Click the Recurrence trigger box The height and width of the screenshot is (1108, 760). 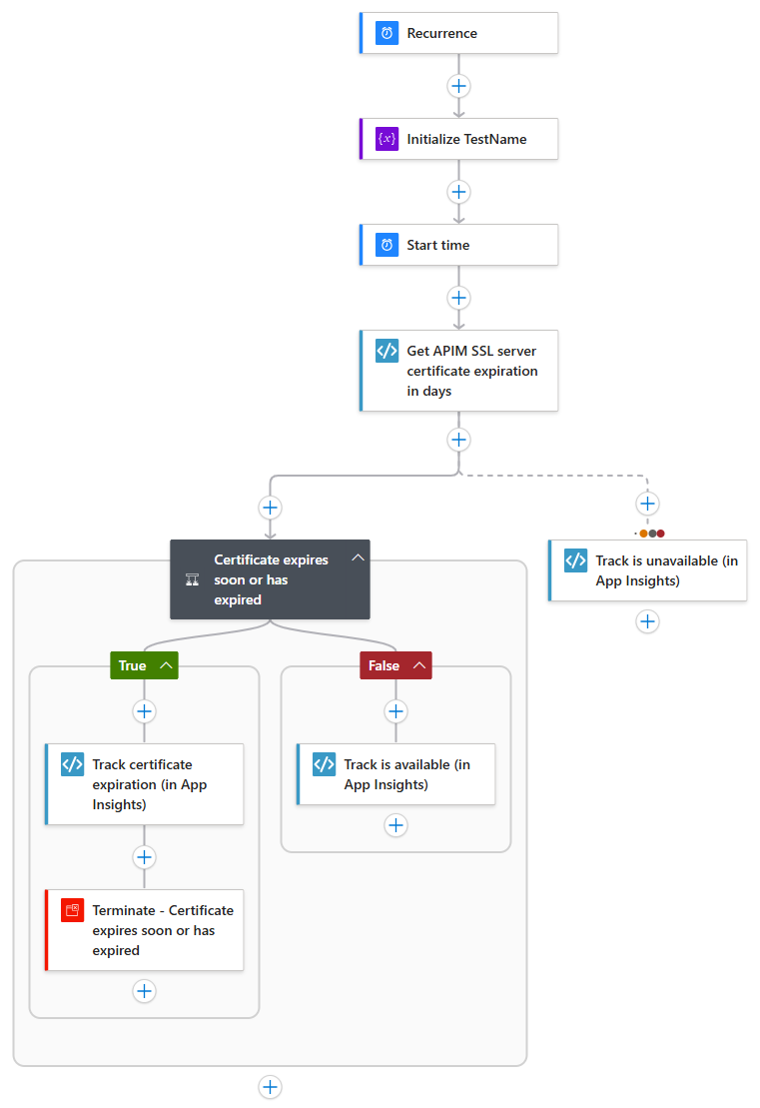pyautogui.click(x=458, y=33)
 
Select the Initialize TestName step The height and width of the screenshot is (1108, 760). pyautogui.click(x=458, y=139)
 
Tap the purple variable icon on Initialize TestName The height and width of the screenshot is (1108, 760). pyautogui.click(x=386, y=139)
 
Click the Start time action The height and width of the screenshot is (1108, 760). pyautogui.click(x=458, y=245)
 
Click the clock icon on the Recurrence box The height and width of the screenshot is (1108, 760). pyautogui.click(x=386, y=33)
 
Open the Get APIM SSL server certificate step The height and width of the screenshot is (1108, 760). pyautogui.click(x=458, y=371)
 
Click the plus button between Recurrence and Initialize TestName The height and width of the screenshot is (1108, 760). pyautogui.click(x=458, y=86)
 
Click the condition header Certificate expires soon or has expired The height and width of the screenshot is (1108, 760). pyautogui.click(x=270, y=579)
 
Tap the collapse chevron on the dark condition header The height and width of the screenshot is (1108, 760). pyautogui.click(x=358, y=558)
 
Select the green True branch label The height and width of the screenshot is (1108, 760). pyautogui.click(x=133, y=665)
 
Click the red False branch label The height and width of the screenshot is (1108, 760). pyautogui.click(x=384, y=665)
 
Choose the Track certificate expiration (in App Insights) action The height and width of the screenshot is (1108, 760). pyautogui.click(x=145, y=784)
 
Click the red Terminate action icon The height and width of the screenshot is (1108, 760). pyautogui.click(x=72, y=910)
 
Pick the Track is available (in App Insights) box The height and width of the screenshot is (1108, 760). pyautogui.click(x=396, y=774)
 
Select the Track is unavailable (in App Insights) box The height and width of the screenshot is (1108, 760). pyautogui.click(x=648, y=570)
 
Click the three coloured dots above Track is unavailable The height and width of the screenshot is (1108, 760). pyautogui.click(x=652, y=533)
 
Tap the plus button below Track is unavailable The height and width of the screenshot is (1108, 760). pyautogui.click(x=647, y=621)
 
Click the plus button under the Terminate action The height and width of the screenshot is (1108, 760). pyautogui.click(x=145, y=991)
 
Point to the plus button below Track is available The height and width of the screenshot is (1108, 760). pyautogui.click(x=396, y=825)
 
